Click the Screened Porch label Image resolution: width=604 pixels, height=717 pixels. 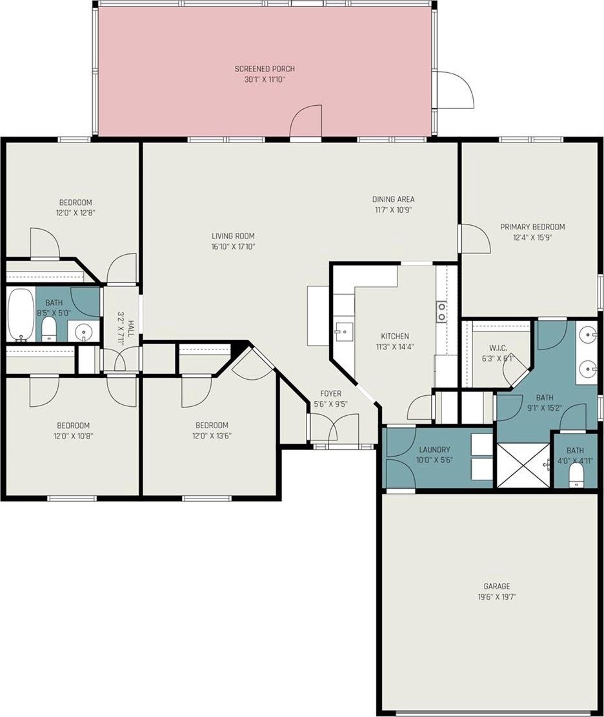(x=265, y=68)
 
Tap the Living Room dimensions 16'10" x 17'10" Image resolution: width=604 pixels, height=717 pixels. (x=233, y=246)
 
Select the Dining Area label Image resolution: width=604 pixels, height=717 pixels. (x=393, y=199)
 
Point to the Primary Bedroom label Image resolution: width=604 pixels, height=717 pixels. (x=532, y=226)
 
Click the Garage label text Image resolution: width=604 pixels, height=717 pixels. (x=496, y=585)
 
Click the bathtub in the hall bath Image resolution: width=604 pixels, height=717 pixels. (x=21, y=315)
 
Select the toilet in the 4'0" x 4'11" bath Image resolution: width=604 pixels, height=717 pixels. (x=576, y=477)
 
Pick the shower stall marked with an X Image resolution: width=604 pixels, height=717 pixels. (x=523, y=465)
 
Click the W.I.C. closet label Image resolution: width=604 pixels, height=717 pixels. (x=498, y=348)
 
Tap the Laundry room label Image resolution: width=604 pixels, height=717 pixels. (x=434, y=449)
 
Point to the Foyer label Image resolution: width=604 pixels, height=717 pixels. (x=330, y=393)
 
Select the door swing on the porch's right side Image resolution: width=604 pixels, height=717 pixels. (x=455, y=90)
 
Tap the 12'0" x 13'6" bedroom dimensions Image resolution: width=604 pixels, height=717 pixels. (x=212, y=435)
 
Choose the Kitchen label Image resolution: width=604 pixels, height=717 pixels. (x=395, y=336)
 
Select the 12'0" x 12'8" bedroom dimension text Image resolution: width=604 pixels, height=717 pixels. (x=75, y=213)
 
